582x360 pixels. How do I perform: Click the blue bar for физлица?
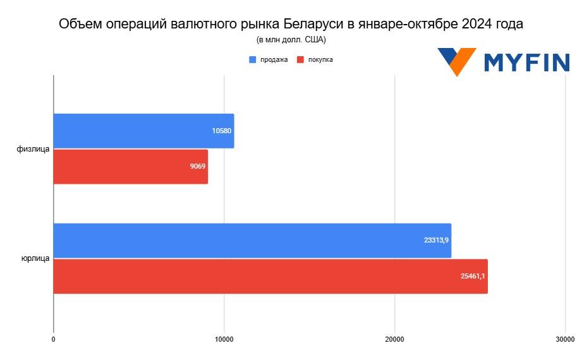pyautogui.click(x=143, y=131)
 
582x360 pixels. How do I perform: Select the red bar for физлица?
pyautogui.click(x=130, y=167)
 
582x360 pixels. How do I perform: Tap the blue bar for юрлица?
pyautogui.click(x=252, y=241)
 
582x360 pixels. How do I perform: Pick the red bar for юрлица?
pyautogui.click(x=270, y=277)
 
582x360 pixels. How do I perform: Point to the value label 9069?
pyautogui.click(x=197, y=167)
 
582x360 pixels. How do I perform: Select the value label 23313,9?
pyautogui.click(x=437, y=241)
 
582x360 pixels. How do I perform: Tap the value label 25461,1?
pyautogui.click(x=473, y=277)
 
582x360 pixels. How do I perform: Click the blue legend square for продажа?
pyautogui.click(x=253, y=60)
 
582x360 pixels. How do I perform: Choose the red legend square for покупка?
pyautogui.click(x=301, y=60)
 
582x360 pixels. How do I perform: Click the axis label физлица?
pyautogui.click(x=33, y=149)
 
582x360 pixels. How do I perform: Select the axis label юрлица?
pyautogui.click(x=35, y=258)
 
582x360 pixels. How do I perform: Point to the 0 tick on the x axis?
pyautogui.click(x=53, y=340)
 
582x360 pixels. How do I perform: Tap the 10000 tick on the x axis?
pyautogui.click(x=224, y=340)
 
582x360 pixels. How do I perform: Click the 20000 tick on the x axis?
pyautogui.click(x=395, y=340)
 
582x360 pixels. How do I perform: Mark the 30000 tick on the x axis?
pyautogui.click(x=565, y=340)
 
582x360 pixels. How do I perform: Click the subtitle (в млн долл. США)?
pyautogui.click(x=291, y=40)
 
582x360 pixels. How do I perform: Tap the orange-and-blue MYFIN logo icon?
pyautogui.click(x=457, y=61)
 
